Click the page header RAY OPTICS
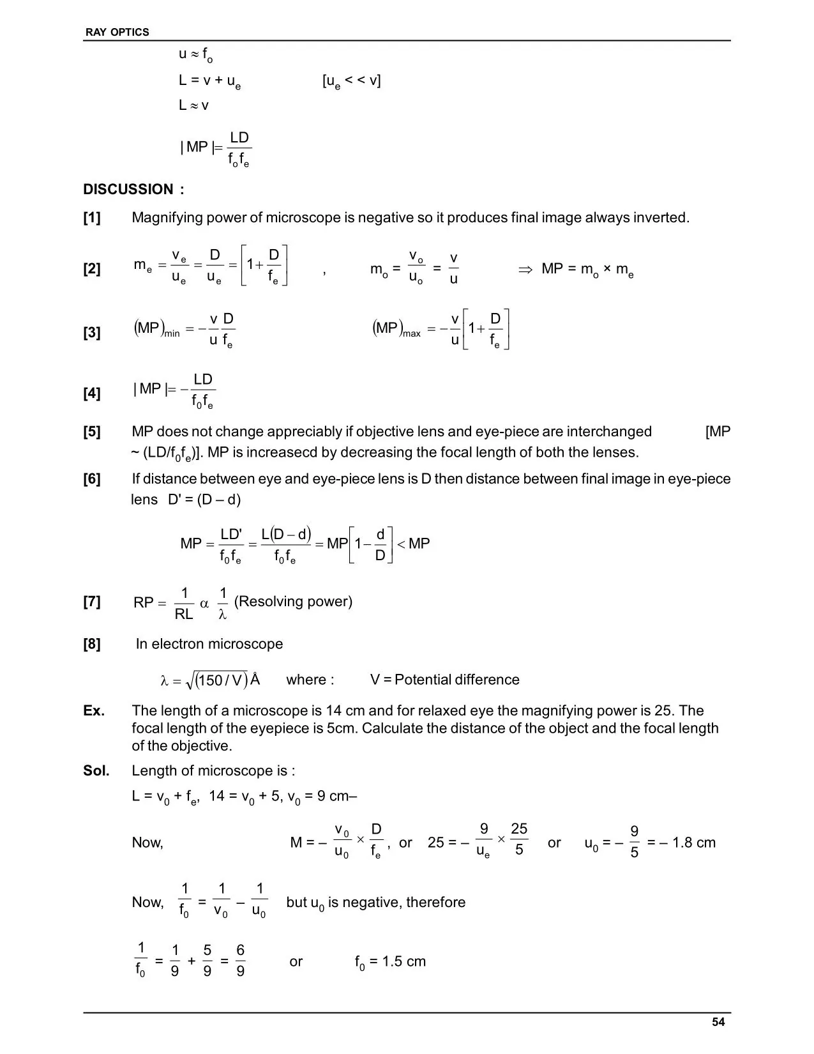point(117,32)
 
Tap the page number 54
point(718,1022)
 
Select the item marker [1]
point(92,218)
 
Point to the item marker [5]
point(92,432)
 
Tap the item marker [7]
point(92,602)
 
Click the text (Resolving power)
point(293,602)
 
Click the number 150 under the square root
point(211,680)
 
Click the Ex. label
point(94,711)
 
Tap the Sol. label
point(96,771)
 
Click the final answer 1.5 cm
point(403,961)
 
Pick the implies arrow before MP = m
point(525,269)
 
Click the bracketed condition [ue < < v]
point(352,81)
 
